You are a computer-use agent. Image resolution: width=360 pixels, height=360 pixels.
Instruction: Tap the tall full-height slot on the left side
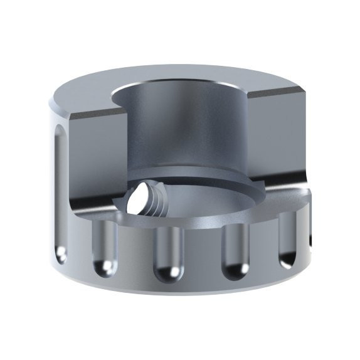(58, 188)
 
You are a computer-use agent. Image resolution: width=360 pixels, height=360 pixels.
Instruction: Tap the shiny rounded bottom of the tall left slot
(60, 254)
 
